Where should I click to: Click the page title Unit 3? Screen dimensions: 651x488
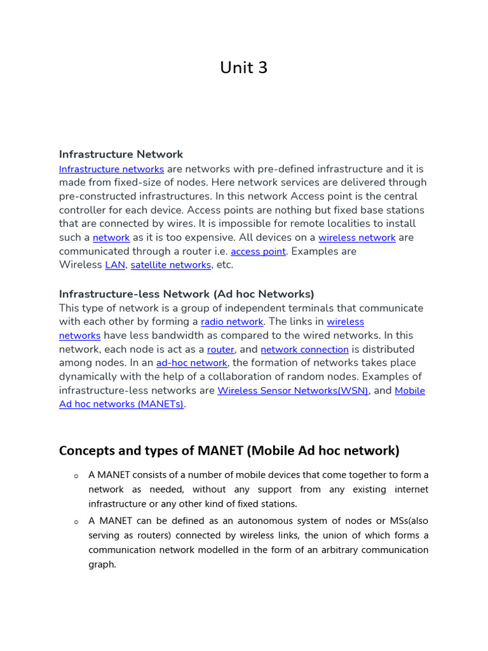click(243, 68)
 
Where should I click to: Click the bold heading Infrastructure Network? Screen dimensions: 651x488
click(121, 154)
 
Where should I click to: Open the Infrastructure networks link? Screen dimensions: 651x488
click(111, 169)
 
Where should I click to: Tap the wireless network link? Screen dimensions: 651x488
click(356, 238)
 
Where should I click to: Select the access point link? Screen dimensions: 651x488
click(258, 252)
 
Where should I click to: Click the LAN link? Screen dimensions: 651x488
click(115, 265)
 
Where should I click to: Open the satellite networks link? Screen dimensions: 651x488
click(170, 265)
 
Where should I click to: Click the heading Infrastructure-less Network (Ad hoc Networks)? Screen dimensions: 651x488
click(186, 294)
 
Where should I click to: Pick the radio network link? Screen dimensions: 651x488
click(231, 322)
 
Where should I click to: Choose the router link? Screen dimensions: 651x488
click(220, 350)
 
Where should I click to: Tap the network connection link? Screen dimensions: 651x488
click(304, 350)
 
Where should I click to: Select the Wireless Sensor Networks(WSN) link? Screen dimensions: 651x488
click(292, 391)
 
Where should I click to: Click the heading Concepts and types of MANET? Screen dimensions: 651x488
click(229, 451)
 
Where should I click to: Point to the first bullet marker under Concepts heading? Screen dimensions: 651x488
click(76, 476)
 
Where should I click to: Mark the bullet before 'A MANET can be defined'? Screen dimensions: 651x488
click(76, 521)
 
